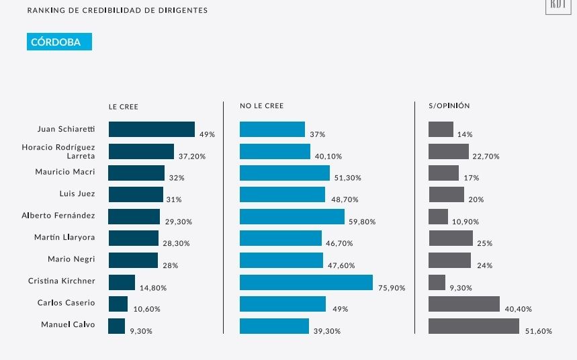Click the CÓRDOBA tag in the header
coord(59,42)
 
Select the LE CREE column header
coord(124,106)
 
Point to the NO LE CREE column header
coord(261,106)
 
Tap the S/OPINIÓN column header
coord(449,106)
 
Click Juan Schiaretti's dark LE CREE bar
coord(151,130)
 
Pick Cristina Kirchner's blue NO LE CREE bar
coord(306,282)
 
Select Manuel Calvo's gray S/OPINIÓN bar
coord(474,326)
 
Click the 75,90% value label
coord(392,288)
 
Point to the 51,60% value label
coord(539,332)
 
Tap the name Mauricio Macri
coord(65,172)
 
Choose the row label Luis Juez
coord(77,193)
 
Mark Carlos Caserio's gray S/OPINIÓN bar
coord(464,304)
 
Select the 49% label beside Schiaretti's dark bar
coord(207,134)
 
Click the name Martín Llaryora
coord(64,237)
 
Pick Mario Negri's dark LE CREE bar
coord(133,260)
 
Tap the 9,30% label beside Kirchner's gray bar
coord(461,287)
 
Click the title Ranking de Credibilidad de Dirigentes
coord(118,11)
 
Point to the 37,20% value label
coord(191,156)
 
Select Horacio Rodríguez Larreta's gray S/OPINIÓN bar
coord(448,151)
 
